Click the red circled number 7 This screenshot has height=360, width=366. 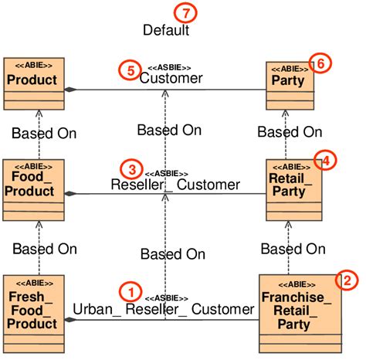coord(184,12)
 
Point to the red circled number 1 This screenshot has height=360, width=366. coord(130,292)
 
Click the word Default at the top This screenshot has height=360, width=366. coord(166,31)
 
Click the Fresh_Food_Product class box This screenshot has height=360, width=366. coord(32,314)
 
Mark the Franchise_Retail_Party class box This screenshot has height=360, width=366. coord(293,314)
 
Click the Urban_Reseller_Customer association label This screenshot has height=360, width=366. coord(164,310)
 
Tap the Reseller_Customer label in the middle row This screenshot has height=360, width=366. coord(175,185)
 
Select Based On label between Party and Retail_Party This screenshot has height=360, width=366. coord(290,132)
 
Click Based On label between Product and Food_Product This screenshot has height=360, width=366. coord(44,133)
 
